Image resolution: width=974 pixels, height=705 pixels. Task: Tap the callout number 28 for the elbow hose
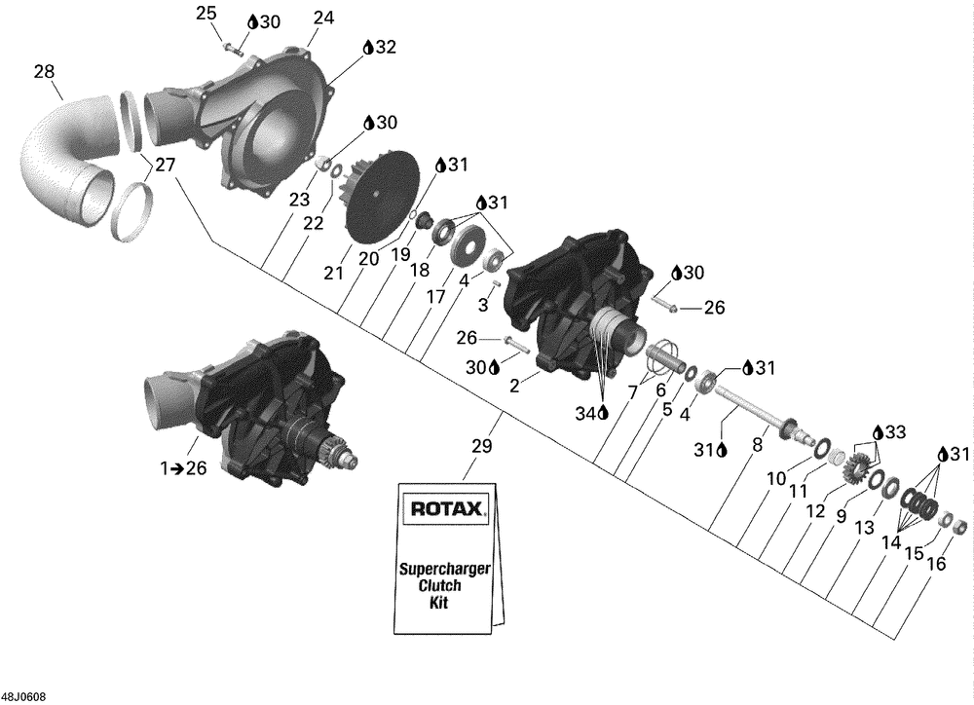(44, 71)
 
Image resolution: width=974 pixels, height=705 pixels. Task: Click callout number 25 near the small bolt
(206, 13)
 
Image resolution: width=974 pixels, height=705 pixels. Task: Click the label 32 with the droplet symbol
(380, 47)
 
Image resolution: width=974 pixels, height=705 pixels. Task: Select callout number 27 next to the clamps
(166, 166)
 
